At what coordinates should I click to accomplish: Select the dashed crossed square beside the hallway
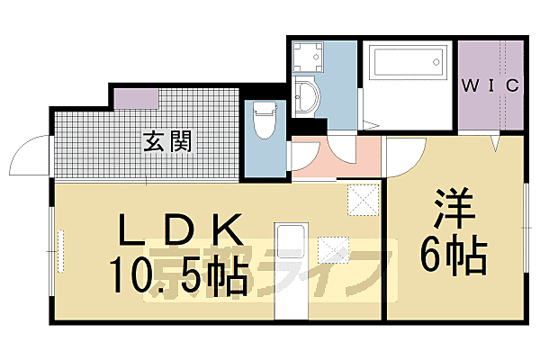(362, 199)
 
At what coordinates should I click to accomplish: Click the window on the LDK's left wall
(61, 248)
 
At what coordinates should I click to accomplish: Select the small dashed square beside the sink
(332, 249)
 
